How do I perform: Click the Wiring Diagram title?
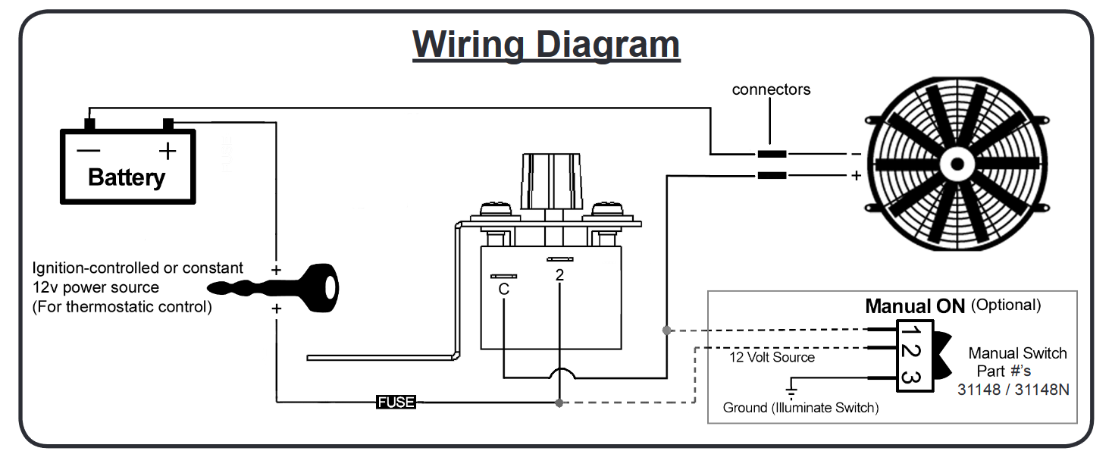pos(546,45)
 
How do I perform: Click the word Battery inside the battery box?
pos(127,177)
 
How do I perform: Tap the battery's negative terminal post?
pos(89,124)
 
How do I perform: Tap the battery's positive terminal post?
pos(168,124)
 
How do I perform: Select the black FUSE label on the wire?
pos(396,402)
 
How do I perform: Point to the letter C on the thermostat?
pos(503,289)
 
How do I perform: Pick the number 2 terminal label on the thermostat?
pos(559,275)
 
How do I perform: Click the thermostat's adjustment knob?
pos(551,181)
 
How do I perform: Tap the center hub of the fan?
pos(957,164)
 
